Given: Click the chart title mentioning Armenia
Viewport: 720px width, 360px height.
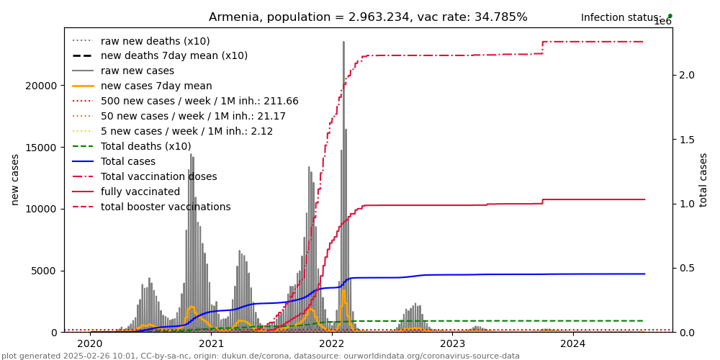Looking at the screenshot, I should tap(368, 17).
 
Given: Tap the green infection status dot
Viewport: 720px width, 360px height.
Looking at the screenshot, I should tap(670, 15).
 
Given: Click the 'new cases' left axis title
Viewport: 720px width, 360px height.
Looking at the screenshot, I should tap(14, 179).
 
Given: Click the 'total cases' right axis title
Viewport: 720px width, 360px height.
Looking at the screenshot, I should tap(703, 179).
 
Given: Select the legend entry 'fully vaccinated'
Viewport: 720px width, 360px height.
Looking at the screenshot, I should tap(140, 192).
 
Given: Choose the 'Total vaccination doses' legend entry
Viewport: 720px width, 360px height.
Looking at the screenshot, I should tap(158, 177).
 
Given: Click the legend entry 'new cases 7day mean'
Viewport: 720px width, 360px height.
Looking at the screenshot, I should tap(156, 86).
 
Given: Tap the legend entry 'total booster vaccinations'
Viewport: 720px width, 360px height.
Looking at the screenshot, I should tap(166, 207).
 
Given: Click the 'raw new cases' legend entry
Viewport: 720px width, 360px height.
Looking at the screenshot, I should tap(137, 71).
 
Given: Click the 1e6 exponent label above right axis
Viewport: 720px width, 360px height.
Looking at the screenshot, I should tap(663, 22).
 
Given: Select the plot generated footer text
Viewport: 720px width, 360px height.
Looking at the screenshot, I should tap(260, 356).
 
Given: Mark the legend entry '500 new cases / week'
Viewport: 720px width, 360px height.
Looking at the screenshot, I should tap(199, 102).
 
